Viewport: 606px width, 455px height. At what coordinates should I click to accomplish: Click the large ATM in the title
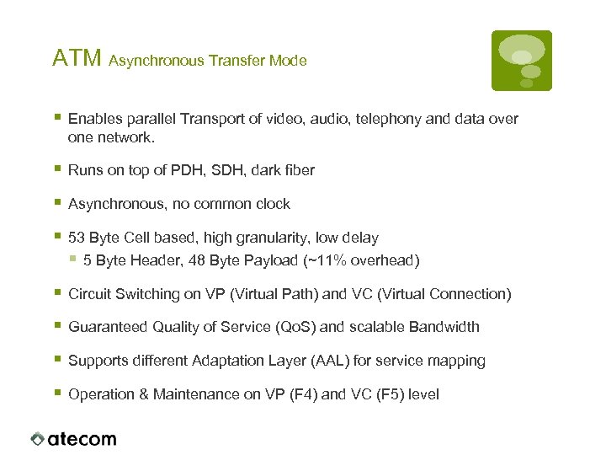pos(77,58)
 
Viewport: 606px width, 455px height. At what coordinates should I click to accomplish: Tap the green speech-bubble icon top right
pos(522,61)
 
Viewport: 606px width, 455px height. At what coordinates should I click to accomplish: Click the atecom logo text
pos(82,439)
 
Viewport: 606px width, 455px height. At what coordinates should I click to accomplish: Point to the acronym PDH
pos(183,170)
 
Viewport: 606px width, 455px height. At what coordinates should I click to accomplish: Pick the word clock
pos(271,204)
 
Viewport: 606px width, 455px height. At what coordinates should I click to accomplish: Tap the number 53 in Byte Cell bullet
pos(77,238)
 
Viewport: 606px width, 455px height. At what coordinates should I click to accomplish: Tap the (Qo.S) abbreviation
pos(295,327)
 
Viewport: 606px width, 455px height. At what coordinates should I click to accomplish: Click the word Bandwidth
pos(443,327)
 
